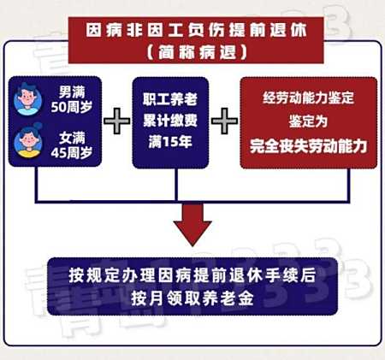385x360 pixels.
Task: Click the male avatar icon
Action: tap(27, 99)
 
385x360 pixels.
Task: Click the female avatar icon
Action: tap(28, 141)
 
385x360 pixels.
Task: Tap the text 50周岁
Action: tap(72, 107)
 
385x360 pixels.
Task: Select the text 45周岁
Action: tap(72, 153)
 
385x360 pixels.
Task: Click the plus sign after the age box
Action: tap(117, 121)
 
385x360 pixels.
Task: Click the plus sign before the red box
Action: tap(224, 121)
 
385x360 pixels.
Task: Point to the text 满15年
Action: tap(170, 141)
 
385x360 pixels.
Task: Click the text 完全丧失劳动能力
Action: tap(308, 146)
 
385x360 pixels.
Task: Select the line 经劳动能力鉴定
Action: tap(308, 97)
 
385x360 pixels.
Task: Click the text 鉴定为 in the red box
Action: tap(308, 121)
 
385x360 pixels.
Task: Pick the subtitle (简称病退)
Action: tap(197, 52)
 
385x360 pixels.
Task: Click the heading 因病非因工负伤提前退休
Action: tap(197, 30)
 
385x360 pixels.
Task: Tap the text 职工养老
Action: tap(170, 99)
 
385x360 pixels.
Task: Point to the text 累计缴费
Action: tap(170, 121)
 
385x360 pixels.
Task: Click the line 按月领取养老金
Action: tap(192, 298)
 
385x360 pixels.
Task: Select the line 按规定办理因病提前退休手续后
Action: tap(192, 275)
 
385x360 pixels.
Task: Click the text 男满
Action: tap(72, 91)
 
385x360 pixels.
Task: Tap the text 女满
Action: tap(72, 138)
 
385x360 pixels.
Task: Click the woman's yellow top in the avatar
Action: tap(28, 154)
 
